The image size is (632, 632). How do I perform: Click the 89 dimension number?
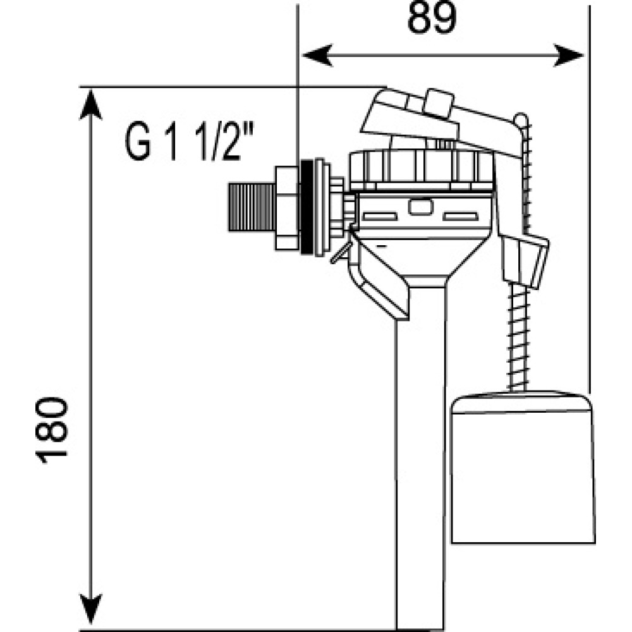coord(432,19)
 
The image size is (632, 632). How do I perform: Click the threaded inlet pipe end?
coord(250,209)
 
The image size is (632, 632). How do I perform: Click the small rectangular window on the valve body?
coord(418,206)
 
